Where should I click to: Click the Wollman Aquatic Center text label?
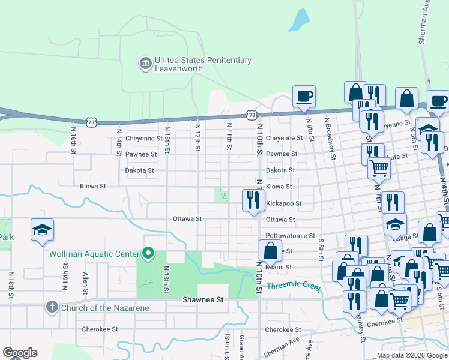pyautogui.click(x=95, y=254)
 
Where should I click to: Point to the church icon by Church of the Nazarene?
pyautogui.click(x=52, y=307)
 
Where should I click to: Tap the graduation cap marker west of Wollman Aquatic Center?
pyautogui.click(x=42, y=230)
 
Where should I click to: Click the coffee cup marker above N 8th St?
pyautogui.click(x=304, y=95)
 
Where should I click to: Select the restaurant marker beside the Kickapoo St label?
pyautogui.click(x=253, y=200)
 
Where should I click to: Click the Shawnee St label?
pyautogui.click(x=203, y=299)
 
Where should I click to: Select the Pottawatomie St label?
pyautogui.click(x=291, y=236)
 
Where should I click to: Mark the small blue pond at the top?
pyautogui.click(x=298, y=20)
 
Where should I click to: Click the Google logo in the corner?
pyautogui.click(x=20, y=353)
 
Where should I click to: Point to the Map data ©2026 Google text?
pyautogui.click(x=411, y=355)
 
